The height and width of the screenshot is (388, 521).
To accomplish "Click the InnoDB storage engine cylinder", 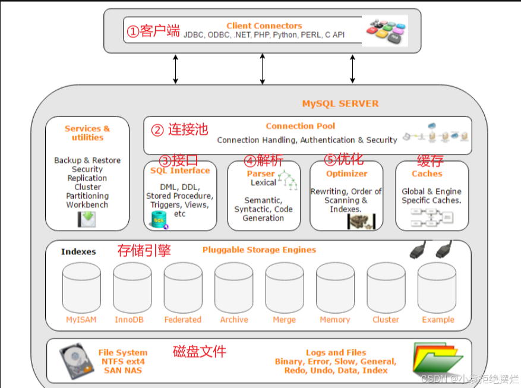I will tap(132, 288).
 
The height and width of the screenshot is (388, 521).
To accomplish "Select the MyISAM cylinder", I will tap(81, 288).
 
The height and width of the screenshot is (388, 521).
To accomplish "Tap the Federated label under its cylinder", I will tap(183, 320).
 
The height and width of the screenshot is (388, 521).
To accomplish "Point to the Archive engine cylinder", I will tap(233, 288).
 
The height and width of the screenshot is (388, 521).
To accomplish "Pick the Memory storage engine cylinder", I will tap(335, 288).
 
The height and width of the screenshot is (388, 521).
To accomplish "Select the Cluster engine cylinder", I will tap(386, 288).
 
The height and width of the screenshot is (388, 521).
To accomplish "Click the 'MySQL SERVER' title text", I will tap(340, 103).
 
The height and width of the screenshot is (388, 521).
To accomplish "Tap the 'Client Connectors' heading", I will tap(264, 26).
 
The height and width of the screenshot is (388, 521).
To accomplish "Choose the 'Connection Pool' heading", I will tap(300, 126).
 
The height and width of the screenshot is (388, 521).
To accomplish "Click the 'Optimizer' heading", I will tap(346, 174).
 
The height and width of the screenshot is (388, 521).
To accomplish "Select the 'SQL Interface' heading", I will tap(180, 171).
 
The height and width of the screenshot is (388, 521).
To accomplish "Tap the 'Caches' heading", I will tap(427, 174).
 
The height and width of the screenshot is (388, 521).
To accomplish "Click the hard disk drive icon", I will tap(75, 361).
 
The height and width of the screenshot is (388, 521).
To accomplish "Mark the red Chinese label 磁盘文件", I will tap(200, 352).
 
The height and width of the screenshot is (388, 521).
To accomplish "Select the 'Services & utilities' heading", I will tap(87, 133).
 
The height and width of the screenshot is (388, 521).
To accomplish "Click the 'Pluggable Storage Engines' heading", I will tap(259, 250).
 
